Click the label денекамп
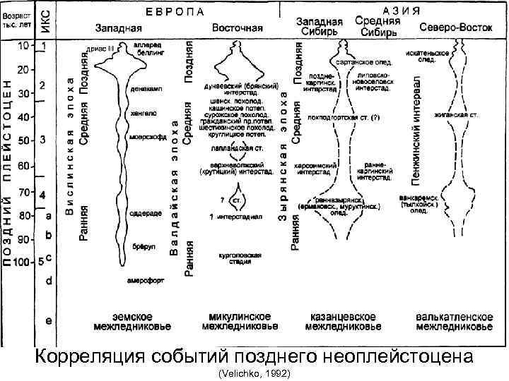pos(144,90)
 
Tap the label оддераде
pos(144,212)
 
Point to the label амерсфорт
pos(146,280)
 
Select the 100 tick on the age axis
pos(22,261)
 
